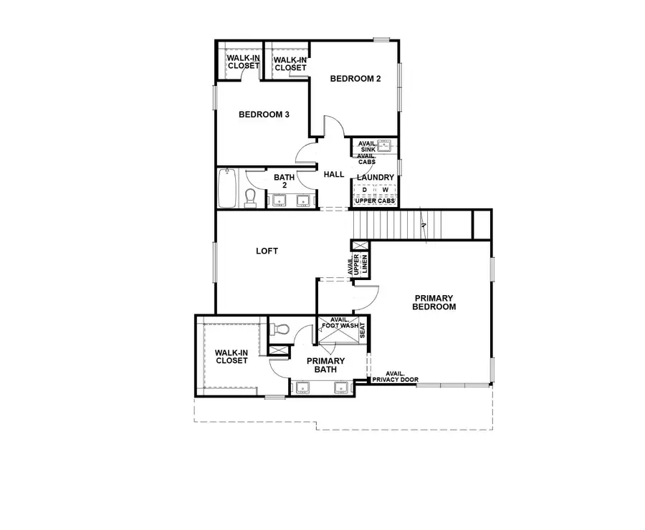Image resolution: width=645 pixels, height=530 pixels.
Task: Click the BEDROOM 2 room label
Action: pyautogui.click(x=355, y=79)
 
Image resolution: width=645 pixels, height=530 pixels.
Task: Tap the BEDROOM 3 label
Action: pyautogui.click(x=264, y=114)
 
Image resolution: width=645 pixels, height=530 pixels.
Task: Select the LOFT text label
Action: pyautogui.click(x=267, y=251)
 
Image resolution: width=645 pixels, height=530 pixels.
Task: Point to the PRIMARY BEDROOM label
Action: pyautogui.click(x=434, y=302)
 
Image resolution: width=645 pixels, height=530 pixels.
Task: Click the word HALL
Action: pyautogui.click(x=334, y=175)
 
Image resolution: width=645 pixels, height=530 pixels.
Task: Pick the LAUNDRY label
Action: pyautogui.click(x=376, y=178)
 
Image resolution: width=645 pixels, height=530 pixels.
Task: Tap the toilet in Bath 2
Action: pyautogui.click(x=251, y=196)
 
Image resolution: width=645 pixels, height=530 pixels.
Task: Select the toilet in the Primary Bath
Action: pyautogui.click(x=281, y=330)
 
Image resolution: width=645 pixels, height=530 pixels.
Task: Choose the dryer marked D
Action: pyautogui.click(x=364, y=190)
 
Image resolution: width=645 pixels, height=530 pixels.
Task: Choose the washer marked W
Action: pyautogui.click(x=384, y=190)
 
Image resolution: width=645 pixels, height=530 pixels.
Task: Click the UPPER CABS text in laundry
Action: pyautogui.click(x=376, y=201)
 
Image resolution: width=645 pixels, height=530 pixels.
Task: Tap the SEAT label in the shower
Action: pyautogui.click(x=362, y=330)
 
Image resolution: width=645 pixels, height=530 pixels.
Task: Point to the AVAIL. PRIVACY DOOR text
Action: pyautogui.click(x=395, y=377)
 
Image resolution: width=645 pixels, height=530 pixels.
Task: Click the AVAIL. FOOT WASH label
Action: pyautogui.click(x=339, y=323)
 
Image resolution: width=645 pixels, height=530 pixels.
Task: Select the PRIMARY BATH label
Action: pyautogui.click(x=326, y=365)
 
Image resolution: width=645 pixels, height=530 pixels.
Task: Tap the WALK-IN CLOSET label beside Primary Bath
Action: pyautogui.click(x=231, y=356)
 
